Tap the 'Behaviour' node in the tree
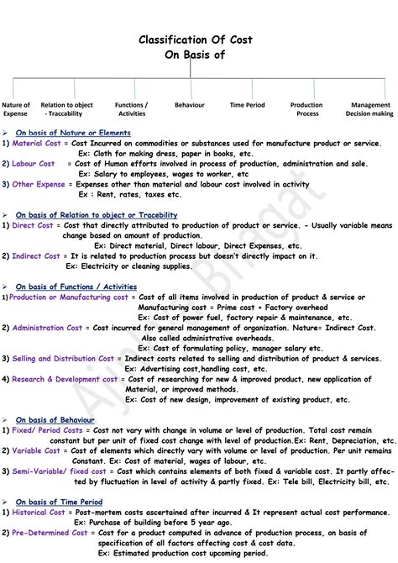190,105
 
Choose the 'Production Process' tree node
306,109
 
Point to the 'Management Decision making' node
369,109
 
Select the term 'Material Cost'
38,143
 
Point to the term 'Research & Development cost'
65,379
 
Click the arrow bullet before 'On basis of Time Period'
6,502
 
